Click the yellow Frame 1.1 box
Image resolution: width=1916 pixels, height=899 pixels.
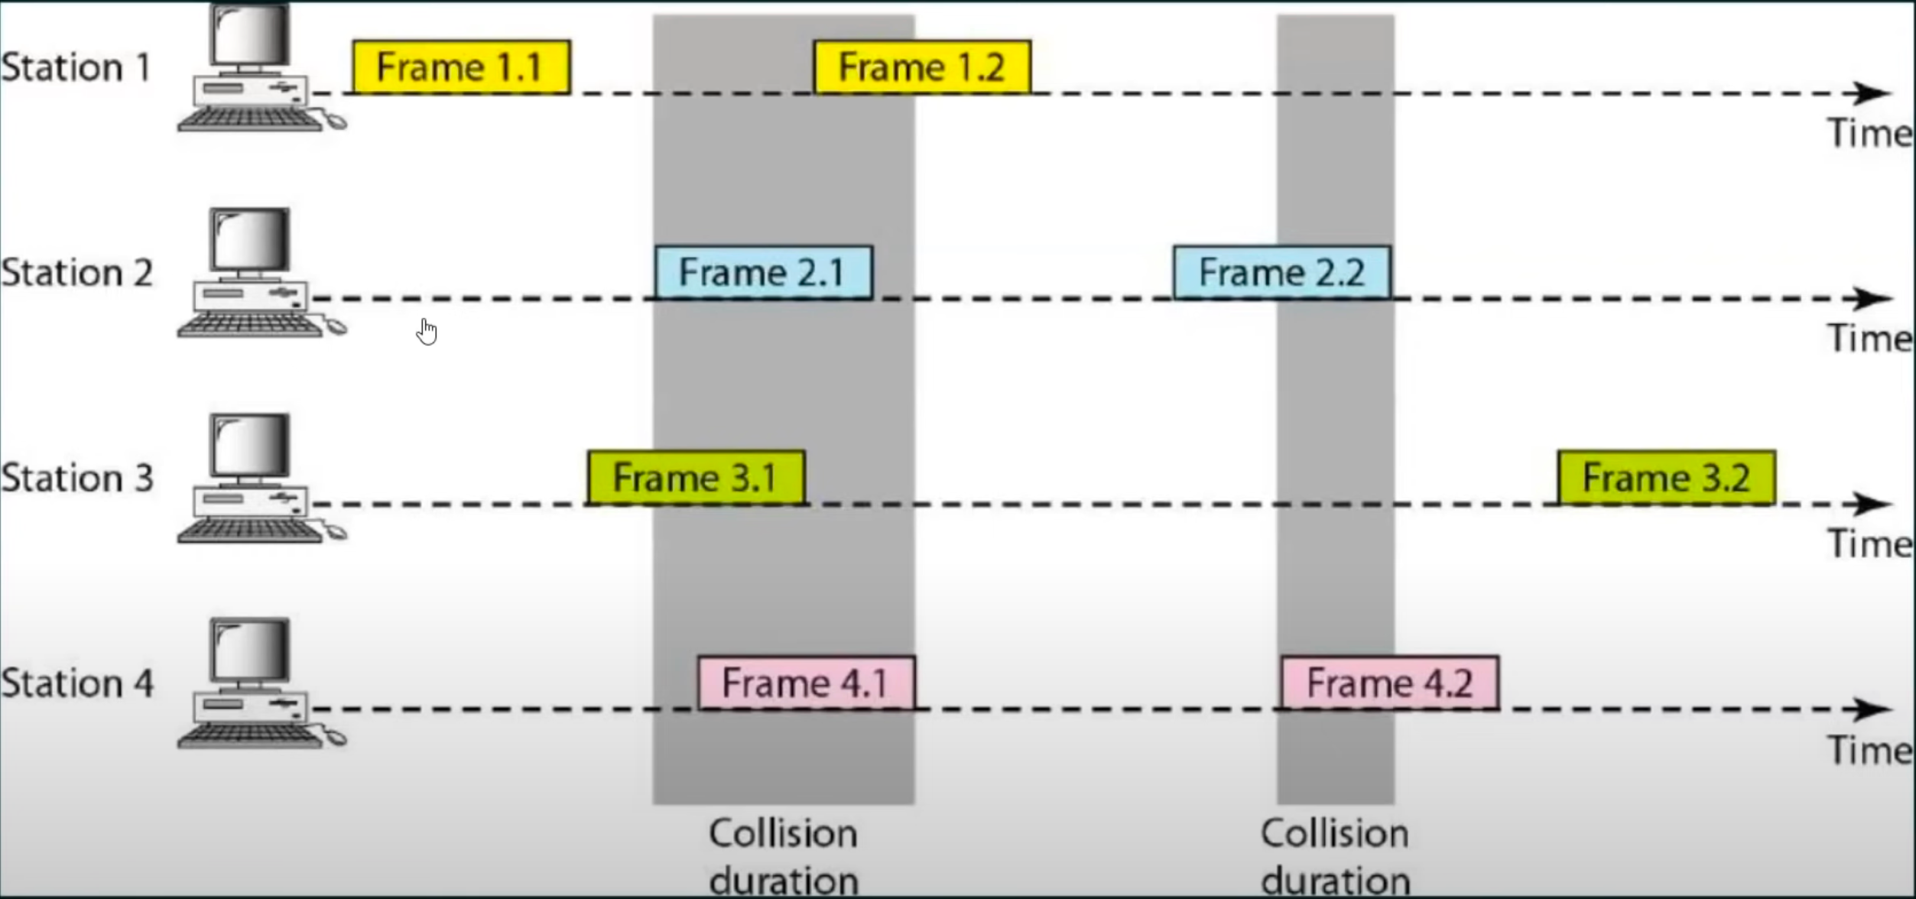461,67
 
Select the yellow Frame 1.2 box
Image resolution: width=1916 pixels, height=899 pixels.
922,67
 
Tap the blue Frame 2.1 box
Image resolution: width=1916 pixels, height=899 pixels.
763,272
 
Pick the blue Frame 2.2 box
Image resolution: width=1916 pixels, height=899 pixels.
1282,272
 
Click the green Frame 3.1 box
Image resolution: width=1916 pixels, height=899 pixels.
696,478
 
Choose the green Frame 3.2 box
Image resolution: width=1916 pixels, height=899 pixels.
1667,478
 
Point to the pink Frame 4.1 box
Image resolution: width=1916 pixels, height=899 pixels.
806,683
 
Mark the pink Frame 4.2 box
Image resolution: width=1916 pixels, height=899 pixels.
1390,683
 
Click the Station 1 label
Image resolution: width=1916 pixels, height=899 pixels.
76,67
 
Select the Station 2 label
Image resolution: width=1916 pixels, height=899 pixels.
76,273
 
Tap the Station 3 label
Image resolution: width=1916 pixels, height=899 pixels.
76,479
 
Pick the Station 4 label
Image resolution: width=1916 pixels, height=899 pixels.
76,683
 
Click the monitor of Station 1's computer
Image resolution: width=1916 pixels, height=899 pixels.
251,34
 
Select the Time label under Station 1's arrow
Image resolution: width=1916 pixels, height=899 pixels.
1869,134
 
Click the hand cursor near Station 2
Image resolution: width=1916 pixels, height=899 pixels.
427,332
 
